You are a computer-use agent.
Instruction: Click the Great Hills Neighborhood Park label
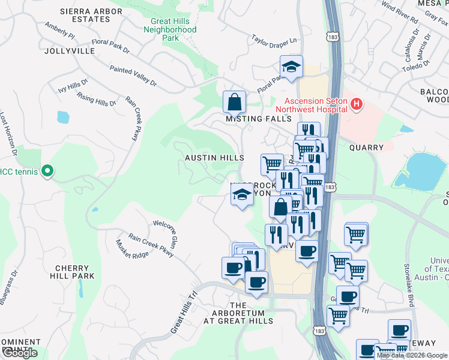173,29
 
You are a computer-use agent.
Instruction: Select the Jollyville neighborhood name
70,51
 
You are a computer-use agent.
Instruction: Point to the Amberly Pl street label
59,31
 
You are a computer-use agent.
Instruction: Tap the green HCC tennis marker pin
46,172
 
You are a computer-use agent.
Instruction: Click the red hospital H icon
357,105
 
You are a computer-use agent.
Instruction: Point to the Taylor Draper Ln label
274,41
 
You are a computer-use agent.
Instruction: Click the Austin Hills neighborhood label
214,157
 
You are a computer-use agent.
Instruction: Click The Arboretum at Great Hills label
238,313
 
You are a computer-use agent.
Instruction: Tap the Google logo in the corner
20,353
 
